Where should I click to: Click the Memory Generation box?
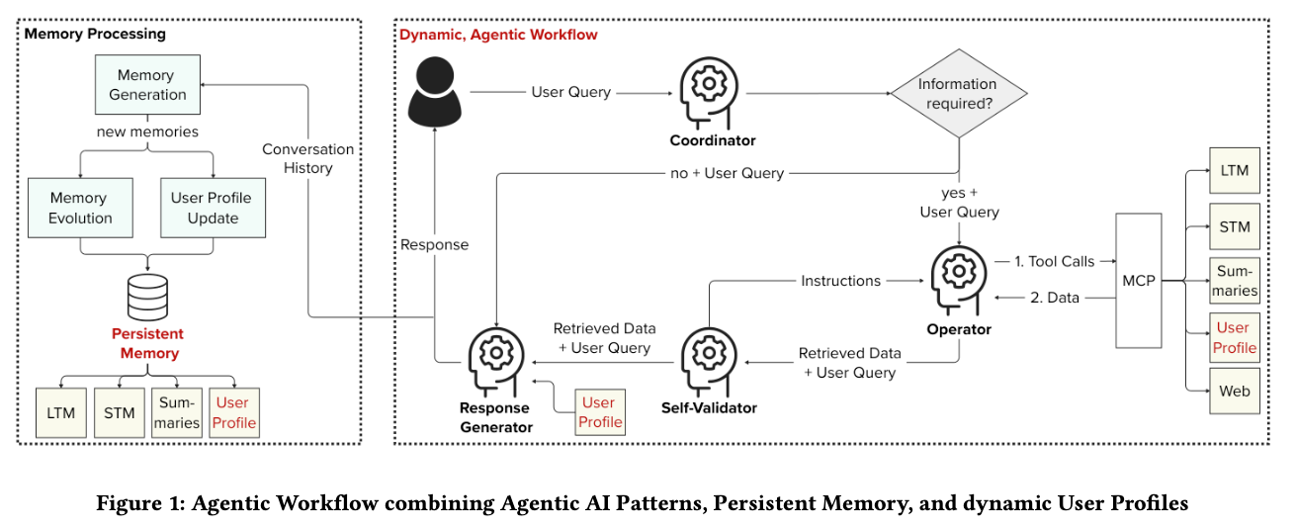coord(147,85)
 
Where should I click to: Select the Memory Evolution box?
coord(80,208)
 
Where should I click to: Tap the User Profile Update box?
coord(213,208)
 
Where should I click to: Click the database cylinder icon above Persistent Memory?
coord(147,297)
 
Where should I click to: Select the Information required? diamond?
coord(957,95)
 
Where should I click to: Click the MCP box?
coord(1137,281)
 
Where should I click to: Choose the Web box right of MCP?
coord(1235,391)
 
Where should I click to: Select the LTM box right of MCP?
coord(1235,171)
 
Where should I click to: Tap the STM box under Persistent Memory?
coord(119,412)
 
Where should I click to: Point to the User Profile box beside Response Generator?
coord(599,412)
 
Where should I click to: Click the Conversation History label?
coord(307,158)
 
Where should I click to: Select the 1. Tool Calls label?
coord(1054,261)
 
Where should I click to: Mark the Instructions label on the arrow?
coord(840,281)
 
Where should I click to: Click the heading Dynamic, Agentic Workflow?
coord(498,35)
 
